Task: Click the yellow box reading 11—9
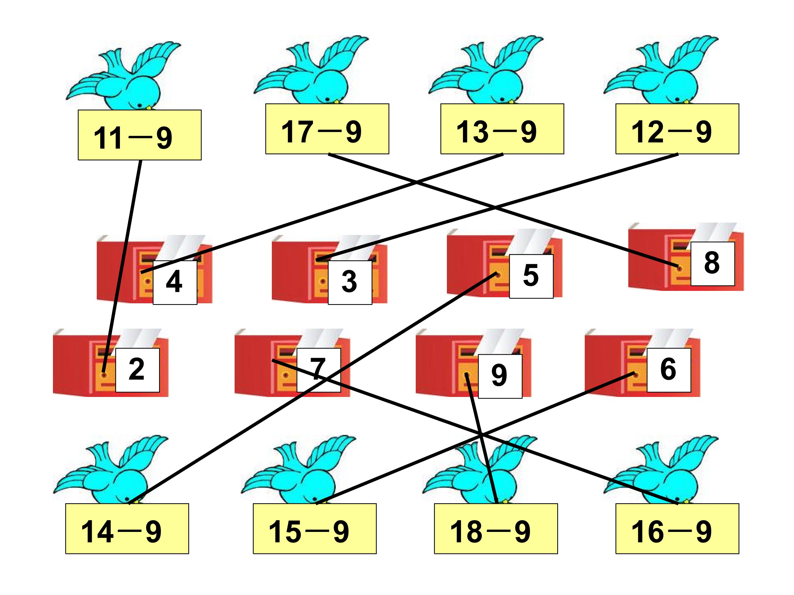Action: click(140, 135)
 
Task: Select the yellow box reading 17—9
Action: click(327, 129)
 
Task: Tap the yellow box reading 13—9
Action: click(502, 129)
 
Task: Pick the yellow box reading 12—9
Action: click(677, 129)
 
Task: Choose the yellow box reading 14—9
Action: click(127, 529)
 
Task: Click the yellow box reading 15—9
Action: click(315, 529)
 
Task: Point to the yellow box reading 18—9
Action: click(496, 529)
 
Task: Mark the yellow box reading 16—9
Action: click(677, 529)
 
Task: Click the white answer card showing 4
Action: click(175, 283)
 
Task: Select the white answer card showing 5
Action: click(531, 276)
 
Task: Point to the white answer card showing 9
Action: click(500, 376)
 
